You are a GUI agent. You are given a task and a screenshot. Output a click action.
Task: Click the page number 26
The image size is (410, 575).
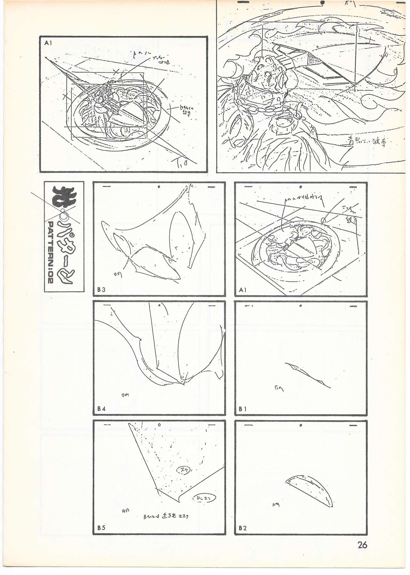(362, 545)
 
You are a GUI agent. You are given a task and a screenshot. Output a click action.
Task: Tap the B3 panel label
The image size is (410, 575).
(102, 290)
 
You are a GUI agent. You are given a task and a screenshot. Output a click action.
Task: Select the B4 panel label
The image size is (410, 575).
(102, 409)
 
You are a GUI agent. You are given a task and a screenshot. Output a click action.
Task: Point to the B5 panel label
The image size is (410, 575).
(102, 528)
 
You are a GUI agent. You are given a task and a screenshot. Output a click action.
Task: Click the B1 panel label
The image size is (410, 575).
(243, 409)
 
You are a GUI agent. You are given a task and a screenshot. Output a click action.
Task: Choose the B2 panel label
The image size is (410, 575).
(243, 528)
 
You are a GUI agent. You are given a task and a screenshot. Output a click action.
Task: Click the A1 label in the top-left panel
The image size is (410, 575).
(48, 43)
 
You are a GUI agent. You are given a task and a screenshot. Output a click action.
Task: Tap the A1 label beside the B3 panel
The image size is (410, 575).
(243, 290)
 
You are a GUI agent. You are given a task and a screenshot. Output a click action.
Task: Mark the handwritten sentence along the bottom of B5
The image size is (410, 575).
(166, 517)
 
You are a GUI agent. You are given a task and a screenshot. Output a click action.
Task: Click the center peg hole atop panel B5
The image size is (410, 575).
(159, 425)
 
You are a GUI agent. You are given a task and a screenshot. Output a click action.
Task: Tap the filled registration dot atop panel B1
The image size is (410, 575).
(301, 306)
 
